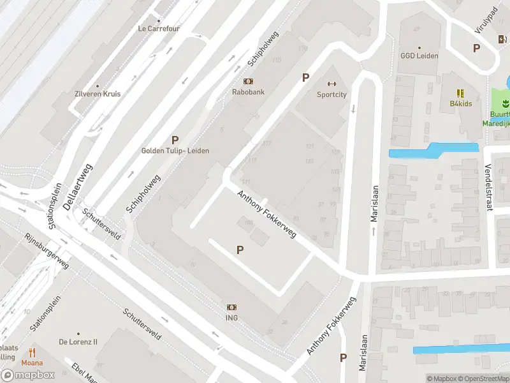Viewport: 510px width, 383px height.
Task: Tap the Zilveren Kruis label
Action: [98, 94]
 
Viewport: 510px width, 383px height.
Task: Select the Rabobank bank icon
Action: [248, 81]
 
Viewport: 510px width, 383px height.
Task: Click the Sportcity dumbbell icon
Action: [331, 84]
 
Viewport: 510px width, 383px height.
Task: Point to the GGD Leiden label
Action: [419, 56]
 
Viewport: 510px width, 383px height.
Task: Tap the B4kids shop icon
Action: [460, 93]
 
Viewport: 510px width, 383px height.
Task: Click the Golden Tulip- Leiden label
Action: [175, 151]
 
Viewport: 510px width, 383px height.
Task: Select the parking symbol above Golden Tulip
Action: [175, 140]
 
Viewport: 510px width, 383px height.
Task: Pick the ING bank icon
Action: [231, 307]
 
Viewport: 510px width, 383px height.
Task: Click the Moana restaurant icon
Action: [33, 352]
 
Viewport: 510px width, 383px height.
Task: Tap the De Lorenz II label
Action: [78, 342]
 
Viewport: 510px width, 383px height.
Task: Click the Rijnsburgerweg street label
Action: [47, 251]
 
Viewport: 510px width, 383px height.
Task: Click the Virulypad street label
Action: [484, 23]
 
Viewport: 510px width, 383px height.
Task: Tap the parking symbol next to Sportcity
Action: [305, 78]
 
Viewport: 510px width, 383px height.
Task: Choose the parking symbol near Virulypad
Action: [476, 48]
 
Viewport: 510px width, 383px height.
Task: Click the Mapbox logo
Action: [28, 375]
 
